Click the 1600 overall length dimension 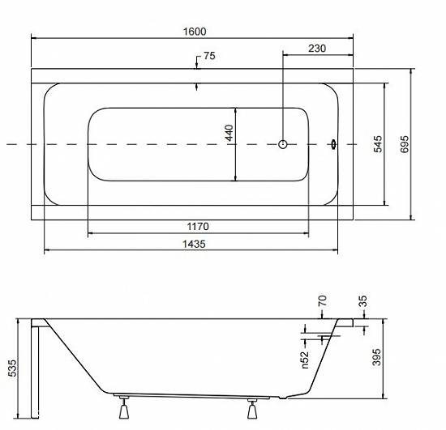195,32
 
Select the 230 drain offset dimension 317,49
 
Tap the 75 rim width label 209,56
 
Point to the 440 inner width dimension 229,133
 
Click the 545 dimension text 378,144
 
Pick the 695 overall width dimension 405,144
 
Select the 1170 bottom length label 198,227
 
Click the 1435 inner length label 194,244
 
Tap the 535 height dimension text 12,368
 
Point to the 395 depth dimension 376,357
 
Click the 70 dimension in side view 322,300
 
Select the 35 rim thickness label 363,301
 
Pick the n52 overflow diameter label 305,360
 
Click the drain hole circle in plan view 282,144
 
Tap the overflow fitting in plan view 333,144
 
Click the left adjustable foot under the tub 124,408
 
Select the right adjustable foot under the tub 252,408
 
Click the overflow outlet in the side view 327,338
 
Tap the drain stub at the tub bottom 283,398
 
